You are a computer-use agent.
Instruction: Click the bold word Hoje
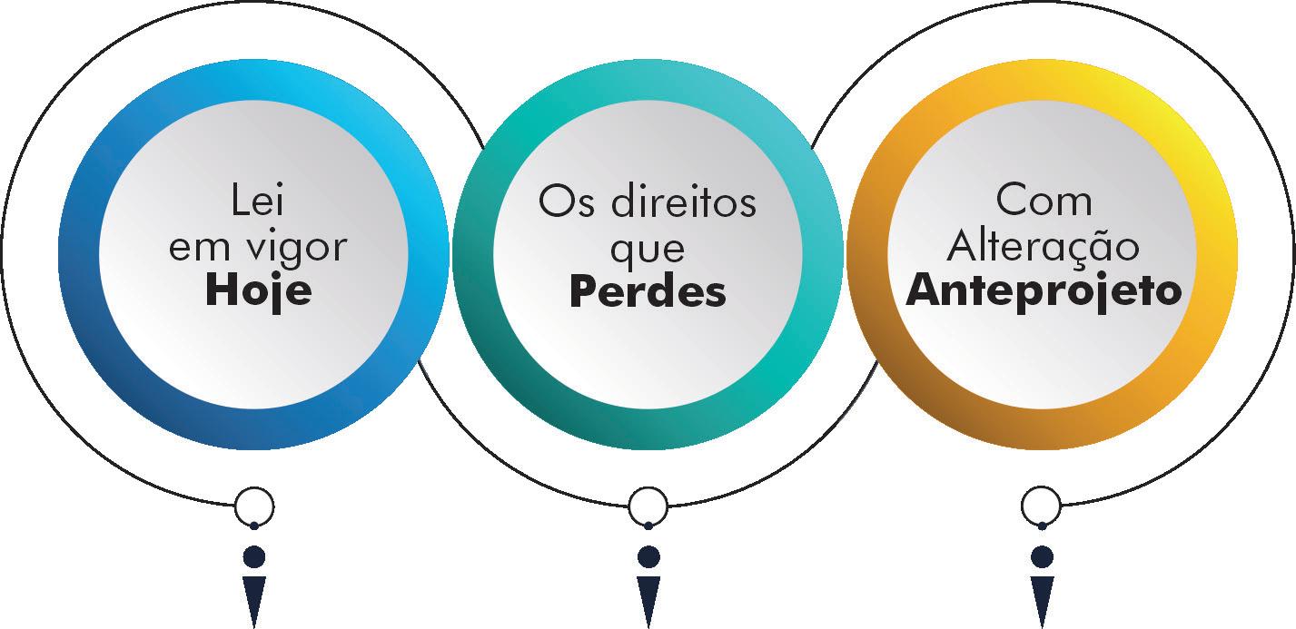[x=258, y=291]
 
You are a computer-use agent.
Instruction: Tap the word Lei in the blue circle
[x=258, y=201]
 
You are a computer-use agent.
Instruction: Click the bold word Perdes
[x=648, y=292]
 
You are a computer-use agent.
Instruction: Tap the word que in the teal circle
[x=648, y=249]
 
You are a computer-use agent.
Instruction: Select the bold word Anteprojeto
[x=1043, y=291]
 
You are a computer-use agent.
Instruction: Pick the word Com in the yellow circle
[x=1043, y=201]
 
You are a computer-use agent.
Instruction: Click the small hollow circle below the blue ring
[x=254, y=506]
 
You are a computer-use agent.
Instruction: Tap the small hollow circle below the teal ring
[x=648, y=506]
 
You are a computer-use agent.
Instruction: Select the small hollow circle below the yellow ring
[x=1042, y=506]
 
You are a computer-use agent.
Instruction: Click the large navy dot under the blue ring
[x=254, y=555]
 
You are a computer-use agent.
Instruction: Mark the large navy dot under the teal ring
[x=648, y=555]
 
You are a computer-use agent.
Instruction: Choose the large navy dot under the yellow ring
[x=1042, y=555]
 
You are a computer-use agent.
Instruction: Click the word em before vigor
[x=194, y=247]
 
